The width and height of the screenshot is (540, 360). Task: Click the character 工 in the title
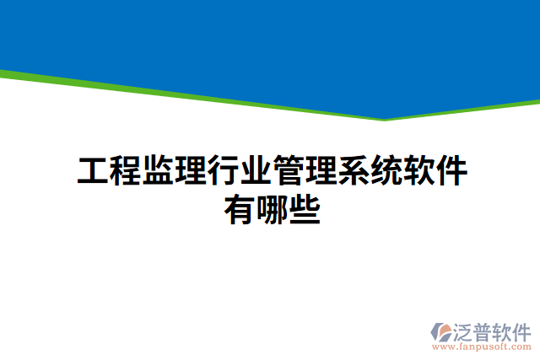pos(93,171)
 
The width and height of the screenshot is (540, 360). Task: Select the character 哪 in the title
pos(272,207)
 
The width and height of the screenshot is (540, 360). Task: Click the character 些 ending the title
pos(304,207)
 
